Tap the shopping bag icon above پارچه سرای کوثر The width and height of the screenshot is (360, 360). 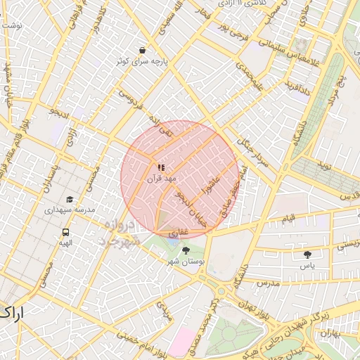click(x=143, y=51)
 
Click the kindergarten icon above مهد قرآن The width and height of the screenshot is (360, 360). click(x=161, y=167)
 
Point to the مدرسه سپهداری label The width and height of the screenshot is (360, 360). click(x=70, y=210)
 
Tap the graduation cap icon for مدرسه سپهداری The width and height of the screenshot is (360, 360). click(x=69, y=199)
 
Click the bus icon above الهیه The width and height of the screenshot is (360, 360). click(x=66, y=232)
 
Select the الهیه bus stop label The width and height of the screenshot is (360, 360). click(x=65, y=243)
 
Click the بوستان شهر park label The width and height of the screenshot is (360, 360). click(x=186, y=261)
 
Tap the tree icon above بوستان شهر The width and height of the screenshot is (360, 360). click(x=186, y=250)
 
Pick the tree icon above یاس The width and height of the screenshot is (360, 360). click(x=307, y=255)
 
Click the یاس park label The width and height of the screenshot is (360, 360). click(x=307, y=266)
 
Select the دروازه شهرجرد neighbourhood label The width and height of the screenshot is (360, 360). click(x=119, y=233)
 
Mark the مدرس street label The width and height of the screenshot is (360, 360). click(x=268, y=283)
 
